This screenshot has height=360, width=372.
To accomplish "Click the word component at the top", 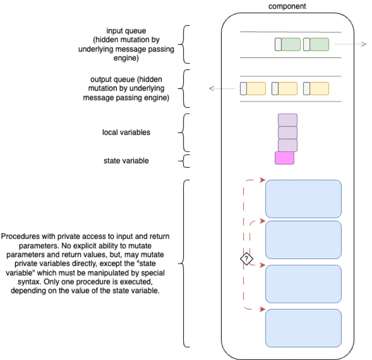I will click(x=287, y=6).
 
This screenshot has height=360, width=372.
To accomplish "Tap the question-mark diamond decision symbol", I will click(x=246, y=259).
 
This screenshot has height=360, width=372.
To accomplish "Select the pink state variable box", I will click(x=285, y=158).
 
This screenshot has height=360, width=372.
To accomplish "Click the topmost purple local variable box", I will click(x=287, y=120).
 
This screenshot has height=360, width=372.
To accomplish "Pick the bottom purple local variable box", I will click(x=287, y=145).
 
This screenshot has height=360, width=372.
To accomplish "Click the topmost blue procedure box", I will click(x=303, y=198).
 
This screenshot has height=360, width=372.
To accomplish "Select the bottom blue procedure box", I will click(x=303, y=328).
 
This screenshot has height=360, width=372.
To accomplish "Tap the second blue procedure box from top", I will click(x=303, y=240).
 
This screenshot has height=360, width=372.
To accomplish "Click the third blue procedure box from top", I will click(x=303, y=284).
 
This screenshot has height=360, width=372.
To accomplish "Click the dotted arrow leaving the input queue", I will click(x=350, y=45).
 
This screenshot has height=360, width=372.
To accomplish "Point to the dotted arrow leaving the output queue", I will click(x=223, y=89).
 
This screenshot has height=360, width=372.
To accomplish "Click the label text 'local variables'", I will click(x=126, y=132).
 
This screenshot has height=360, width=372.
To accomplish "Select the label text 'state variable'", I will click(x=126, y=161).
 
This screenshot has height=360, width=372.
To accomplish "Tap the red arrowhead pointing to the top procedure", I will click(x=262, y=180).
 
